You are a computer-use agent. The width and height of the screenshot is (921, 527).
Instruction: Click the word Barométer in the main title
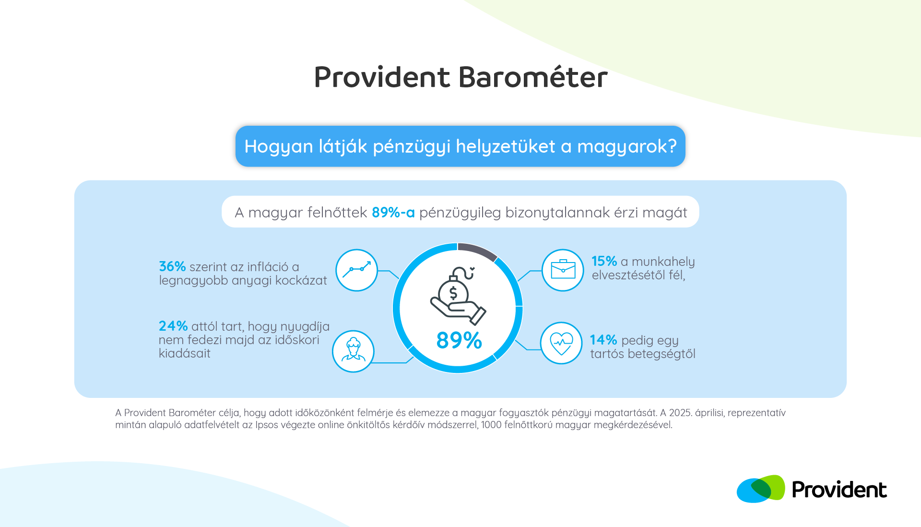pos(533,77)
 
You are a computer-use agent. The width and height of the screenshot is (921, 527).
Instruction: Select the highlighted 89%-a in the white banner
pos(393,212)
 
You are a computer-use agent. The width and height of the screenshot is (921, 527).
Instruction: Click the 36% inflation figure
pos(172,266)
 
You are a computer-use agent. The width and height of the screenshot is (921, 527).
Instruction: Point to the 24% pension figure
pos(173,326)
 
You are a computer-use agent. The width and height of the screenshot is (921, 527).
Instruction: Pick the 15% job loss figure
pos(604,261)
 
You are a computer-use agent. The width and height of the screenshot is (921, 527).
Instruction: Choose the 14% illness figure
pos(603,340)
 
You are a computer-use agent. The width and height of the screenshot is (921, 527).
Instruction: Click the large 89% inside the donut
pos(459,340)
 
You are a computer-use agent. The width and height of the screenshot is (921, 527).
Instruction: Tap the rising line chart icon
pos(356,270)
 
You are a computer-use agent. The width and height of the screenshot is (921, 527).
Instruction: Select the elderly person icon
pos(353,351)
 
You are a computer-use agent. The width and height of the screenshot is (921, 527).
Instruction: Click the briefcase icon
pos(563,270)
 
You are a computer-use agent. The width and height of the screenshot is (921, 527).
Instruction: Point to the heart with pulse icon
pos(561,343)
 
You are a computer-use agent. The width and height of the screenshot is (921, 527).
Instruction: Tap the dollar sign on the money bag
pos(453,293)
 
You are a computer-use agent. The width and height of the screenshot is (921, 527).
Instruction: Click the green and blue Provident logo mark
pos(761,489)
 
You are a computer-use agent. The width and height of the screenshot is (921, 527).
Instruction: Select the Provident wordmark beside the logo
pos(839,490)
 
